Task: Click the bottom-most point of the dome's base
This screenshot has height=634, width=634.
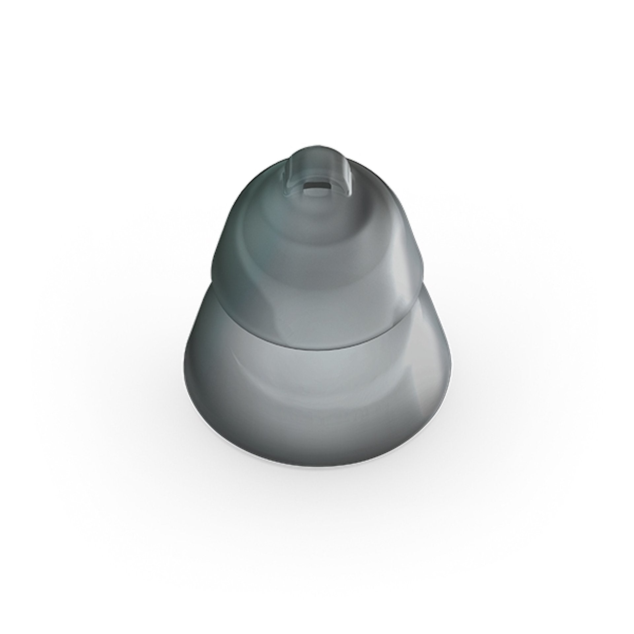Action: [x=317, y=475]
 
